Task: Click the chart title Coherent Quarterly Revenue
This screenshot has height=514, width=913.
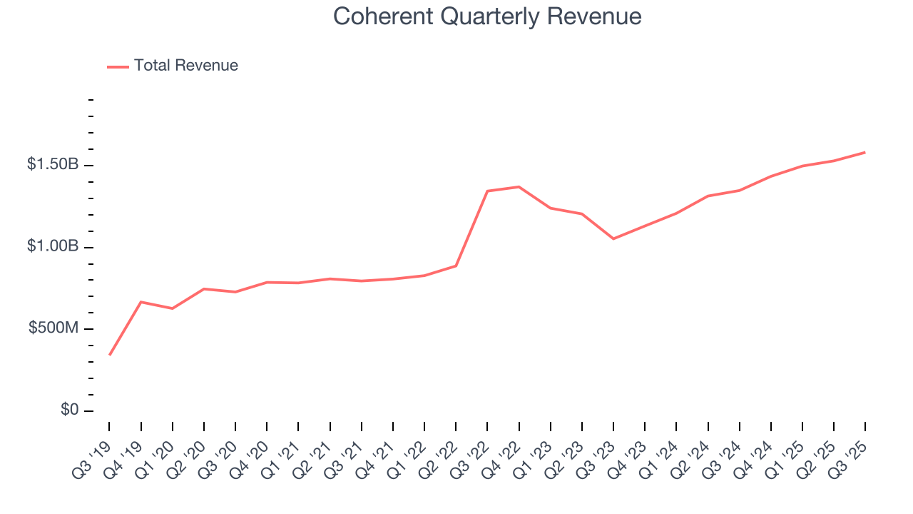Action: (487, 16)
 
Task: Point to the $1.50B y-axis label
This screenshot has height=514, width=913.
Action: (53, 165)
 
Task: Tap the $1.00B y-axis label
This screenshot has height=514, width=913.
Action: (53, 246)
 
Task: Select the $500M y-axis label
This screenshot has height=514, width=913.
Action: (53, 328)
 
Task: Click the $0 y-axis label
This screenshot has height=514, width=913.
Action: (69, 410)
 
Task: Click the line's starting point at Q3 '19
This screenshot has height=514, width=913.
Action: (110, 355)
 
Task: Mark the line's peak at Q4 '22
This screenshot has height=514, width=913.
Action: (519, 187)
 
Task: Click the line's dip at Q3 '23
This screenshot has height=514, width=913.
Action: (613, 238)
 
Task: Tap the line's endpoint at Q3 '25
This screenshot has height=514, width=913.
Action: (865, 152)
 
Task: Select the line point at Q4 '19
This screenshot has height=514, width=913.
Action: (141, 302)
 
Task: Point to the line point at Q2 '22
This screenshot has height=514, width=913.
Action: (456, 266)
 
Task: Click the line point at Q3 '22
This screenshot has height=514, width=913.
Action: (487, 191)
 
